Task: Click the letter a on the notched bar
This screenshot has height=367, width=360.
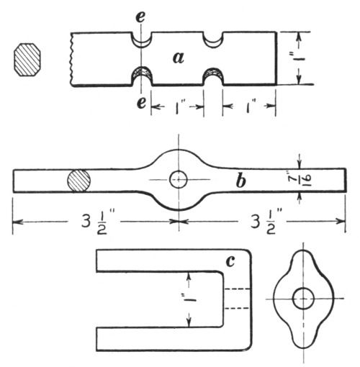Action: coord(179,58)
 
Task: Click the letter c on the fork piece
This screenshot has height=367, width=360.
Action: coord(230,261)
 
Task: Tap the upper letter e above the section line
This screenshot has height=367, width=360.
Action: coord(140,17)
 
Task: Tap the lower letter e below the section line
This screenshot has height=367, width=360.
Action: coord(141,103)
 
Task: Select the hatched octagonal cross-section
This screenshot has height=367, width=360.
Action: coord(27,60)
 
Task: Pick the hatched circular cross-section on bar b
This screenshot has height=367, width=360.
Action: coord(78,181)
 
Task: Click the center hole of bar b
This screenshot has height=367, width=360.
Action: coord(179,179)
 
